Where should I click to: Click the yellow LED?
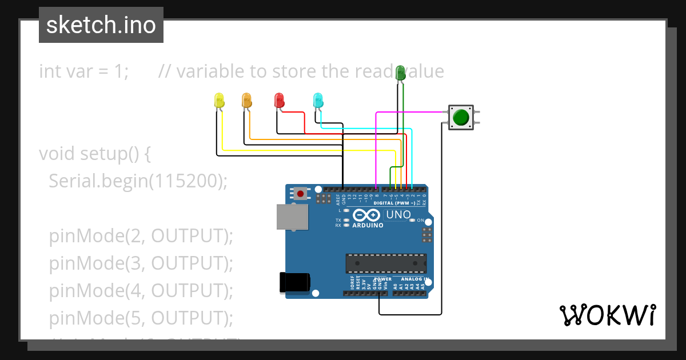[x=219, y=101]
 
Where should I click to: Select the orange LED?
[x=246, y=101]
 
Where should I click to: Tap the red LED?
[x=279, y=101]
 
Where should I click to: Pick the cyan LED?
[x=318, y=101]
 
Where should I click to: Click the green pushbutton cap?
[x=461, y=118]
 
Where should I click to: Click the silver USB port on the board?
[x=292, y=218]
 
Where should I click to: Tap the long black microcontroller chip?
[x=385, y=263]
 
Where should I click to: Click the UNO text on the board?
[x=398, y=215]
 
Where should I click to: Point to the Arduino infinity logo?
[x=366, y=215]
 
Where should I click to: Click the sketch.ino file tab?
[x=101, y=25]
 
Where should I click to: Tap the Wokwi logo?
[x=607, y=315]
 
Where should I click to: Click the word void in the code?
[x=57, y=154]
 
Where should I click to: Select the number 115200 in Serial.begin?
[x=186, y=181]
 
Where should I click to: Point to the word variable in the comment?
[x=210, y=71]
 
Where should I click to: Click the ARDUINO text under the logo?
[x=368, y=225]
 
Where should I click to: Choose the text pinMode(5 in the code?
[x=94, y=318]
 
